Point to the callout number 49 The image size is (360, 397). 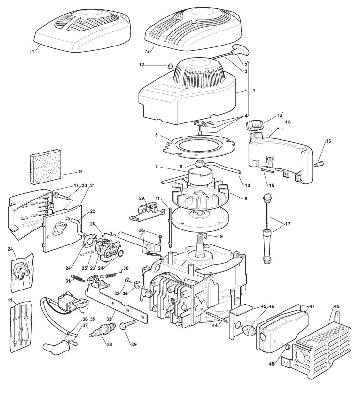tap(337, 306)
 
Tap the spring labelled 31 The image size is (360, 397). tap(79, 277)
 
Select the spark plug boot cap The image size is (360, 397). tap(54, 347)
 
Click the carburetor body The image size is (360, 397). tap(107, 247)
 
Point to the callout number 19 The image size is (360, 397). tap(80, 172)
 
